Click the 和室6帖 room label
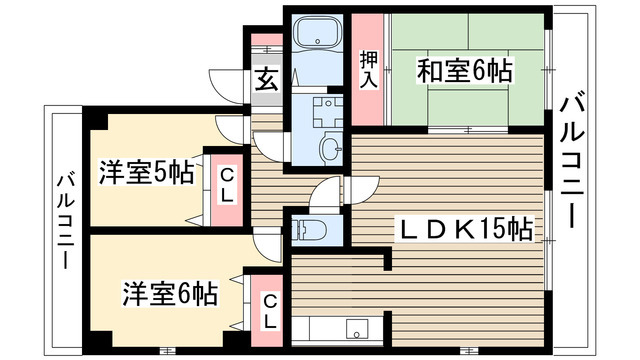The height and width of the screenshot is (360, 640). [464, 72]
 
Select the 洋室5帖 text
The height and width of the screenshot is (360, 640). [146, 173]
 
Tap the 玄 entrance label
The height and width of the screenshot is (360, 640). [266, 80]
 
